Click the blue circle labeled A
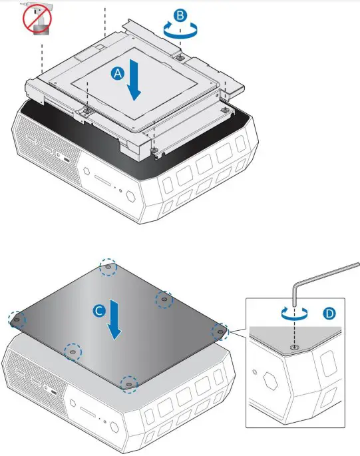click(117, 75)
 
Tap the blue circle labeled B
click(180, 14)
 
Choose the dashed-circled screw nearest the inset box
click(219, 331)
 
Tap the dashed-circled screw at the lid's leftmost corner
click(15, 320)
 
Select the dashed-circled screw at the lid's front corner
click(128, 383)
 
